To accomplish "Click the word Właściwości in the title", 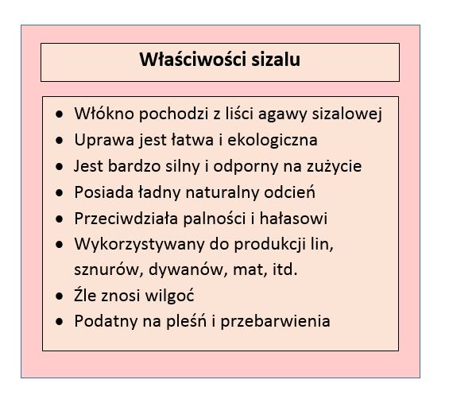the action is [x=193, y=60].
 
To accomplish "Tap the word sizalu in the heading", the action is [x=276, y=60].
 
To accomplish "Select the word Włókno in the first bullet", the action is [x=104, y=114].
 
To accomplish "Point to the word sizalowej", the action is [x=347, y=114].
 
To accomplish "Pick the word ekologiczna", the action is [x=273, y=141].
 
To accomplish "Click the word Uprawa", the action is [x=104, y=141].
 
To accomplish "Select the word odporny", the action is [x=246, y=167].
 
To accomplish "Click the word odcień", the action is [x=289, y=192].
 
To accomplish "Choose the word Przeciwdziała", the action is [x=126, y=219].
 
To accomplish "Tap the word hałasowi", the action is [x=293, y=219].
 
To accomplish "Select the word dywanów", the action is [x=185, y=269].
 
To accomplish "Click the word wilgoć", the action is [x=170, y=296].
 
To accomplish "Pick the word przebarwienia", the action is [x=276, y=322].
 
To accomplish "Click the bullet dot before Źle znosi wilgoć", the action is [x=60, y=296].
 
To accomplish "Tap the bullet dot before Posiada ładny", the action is [x=60, y=193].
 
